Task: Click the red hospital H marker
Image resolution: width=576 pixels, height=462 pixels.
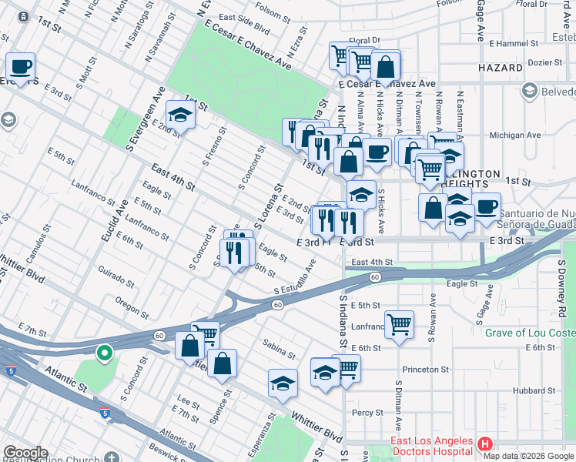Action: point(485,444)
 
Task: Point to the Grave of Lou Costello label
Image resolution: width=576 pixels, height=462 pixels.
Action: point(530,333)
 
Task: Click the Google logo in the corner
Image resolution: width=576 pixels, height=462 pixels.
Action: point(25,453)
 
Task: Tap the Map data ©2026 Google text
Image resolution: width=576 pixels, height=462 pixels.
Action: point(528,456)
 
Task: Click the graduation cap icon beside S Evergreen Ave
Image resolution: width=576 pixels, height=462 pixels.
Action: point(180,115)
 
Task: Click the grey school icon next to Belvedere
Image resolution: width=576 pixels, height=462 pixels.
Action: point(529,92)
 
